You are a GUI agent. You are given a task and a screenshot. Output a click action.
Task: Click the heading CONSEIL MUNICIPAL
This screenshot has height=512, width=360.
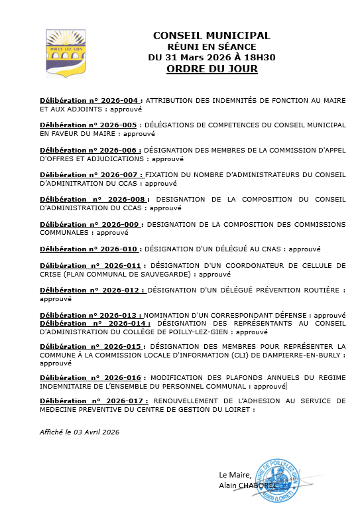pos(211,35)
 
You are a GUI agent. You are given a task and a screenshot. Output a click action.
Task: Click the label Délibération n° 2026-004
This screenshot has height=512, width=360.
pos(88,100)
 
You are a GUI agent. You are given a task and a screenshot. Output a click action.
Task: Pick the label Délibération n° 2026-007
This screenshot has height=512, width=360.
pos(88,175)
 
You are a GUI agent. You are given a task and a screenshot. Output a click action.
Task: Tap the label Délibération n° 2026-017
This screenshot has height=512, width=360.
pos(95,401)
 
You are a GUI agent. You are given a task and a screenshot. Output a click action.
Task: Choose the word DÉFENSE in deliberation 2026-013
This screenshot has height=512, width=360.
pos(291,315)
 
